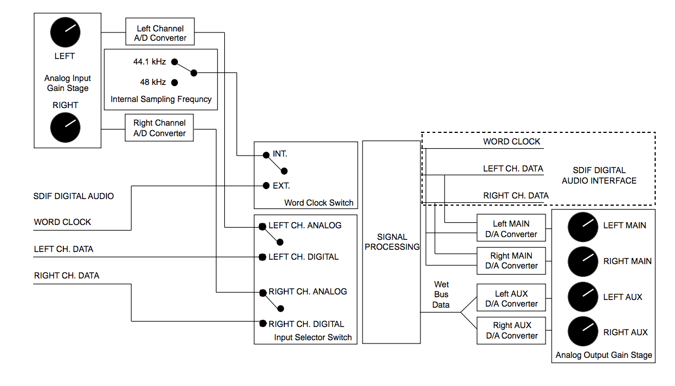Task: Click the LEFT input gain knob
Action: coord(66,33)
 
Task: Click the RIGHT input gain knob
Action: coord(66,128)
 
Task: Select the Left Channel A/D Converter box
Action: coord(160,33)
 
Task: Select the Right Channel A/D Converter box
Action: coord(159,128)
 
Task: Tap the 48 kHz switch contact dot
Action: coord(174,83)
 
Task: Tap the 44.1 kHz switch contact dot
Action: coord(174,62)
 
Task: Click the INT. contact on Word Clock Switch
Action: coord(266,154)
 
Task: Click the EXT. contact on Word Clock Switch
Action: coord(266,186)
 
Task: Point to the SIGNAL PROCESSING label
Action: coord(392,242)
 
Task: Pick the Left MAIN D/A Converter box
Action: coord(511,229)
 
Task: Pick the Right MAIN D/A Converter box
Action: coord(511,261)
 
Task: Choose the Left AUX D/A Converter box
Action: coord(511,298)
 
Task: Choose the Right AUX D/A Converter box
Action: coord(511,330)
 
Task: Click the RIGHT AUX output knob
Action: coord(583,333)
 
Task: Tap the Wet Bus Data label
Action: coord(441,294)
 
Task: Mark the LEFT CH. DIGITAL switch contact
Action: coord(263,257)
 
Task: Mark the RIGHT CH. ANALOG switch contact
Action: coord(263,292)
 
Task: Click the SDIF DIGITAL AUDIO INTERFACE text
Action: coord(598,175)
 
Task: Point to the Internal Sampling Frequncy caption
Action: coord(161,100)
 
